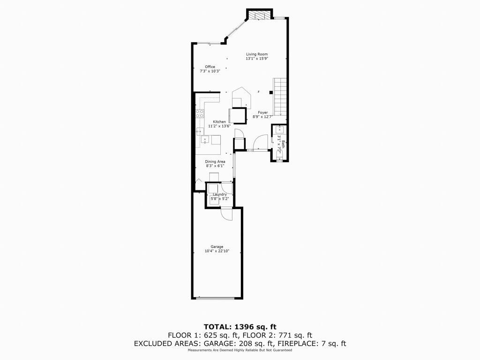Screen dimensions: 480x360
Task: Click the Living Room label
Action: (257, 54)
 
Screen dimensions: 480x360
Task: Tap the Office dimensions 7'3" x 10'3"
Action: (210, 71)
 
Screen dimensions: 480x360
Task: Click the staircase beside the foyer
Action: (280, 97)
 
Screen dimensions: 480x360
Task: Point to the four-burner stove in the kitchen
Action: (200, 114)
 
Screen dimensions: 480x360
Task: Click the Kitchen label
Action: (219, 122)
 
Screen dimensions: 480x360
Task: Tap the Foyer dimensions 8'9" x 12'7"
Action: (262, 117)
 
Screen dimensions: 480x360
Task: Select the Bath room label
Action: (284, 144)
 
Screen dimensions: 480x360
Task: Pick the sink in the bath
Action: (279, 128)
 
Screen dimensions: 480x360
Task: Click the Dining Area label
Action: (215, 162)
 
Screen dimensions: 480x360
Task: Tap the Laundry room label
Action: (220, 195)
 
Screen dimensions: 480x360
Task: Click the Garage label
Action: (217, 247)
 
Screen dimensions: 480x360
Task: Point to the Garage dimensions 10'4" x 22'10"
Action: (217, 251)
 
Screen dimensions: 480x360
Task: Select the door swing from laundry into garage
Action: (226, 214)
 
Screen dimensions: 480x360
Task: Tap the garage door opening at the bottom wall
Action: (215, 298)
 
